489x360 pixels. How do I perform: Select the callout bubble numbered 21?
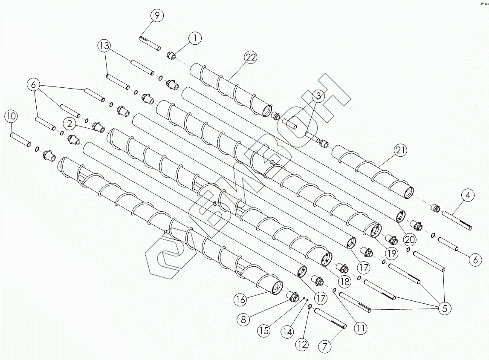tap(401, 150)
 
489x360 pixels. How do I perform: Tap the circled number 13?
tap(104, 45)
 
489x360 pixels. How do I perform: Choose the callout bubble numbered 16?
tap(240, 300)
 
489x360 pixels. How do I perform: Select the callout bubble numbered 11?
tap(361, 328)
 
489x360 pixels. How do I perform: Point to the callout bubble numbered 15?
tap(265, 330)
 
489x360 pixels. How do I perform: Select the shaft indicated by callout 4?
tap(457, 220)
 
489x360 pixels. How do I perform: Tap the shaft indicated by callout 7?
tap(330, 319)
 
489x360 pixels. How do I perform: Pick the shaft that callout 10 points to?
tap(20, 140)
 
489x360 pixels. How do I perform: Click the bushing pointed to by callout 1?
tap(171, 56)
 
